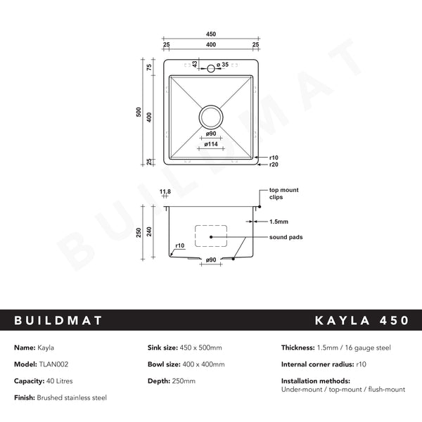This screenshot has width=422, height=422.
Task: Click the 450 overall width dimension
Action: coord(210,34)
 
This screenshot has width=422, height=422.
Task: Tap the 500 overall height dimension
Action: coord(139,112)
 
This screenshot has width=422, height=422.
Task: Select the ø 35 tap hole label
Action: coord(223,65)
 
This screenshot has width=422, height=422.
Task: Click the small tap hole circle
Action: coord(210,68)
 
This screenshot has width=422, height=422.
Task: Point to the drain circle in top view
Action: coord(210,115)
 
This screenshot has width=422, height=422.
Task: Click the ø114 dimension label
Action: coord(210,144)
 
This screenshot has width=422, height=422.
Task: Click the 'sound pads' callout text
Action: coord(286,238)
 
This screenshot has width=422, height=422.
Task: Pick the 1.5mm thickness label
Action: coord(278,221)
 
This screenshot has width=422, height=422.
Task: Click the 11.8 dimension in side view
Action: coord(165,191)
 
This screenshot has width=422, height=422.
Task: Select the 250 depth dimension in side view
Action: coord(139,231)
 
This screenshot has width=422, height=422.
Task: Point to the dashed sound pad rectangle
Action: coord(210,236)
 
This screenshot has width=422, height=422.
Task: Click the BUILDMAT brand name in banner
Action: coord(58,321)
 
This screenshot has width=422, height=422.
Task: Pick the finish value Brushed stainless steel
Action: coord(73,398)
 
